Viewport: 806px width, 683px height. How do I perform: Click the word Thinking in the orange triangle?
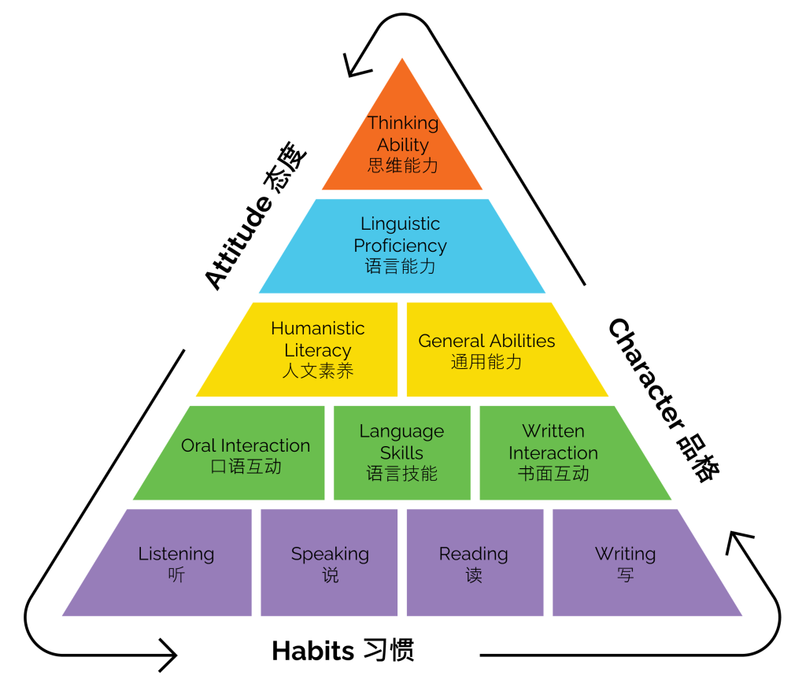tap(403, 124)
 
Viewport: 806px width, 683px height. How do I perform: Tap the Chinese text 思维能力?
tap(402, 166)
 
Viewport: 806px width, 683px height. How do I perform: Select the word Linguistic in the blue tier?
tap(400, 224)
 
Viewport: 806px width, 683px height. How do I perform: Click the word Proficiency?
tap(400, 246)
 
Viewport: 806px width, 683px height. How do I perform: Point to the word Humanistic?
tap(318, 328)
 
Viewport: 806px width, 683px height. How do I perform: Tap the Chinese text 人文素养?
tap(318, 371)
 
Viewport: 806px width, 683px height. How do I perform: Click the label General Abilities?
tap(486, 341)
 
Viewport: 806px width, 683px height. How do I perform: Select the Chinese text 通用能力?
tap(486, 362)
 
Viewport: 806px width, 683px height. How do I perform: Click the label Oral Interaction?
tap(246, 445)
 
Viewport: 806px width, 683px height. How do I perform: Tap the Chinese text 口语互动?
tap(246, 467)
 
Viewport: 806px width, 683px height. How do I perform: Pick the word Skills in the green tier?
tap(401, 453)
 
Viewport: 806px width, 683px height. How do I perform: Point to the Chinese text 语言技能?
tap(401, 474)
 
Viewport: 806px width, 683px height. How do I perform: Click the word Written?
tap(553, 431)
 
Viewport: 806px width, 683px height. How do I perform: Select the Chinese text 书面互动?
tap(553, 474)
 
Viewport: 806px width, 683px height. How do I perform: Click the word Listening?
tap(176, 554)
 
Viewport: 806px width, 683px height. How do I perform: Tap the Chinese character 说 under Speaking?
tap(331, 575)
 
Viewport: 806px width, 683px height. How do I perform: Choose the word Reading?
tap(474, 554)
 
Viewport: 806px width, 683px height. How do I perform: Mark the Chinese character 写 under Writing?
tap(625, 575)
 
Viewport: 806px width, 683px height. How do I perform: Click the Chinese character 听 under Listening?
tap(176, 575)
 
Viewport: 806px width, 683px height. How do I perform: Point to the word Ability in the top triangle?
tap(403, 146)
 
